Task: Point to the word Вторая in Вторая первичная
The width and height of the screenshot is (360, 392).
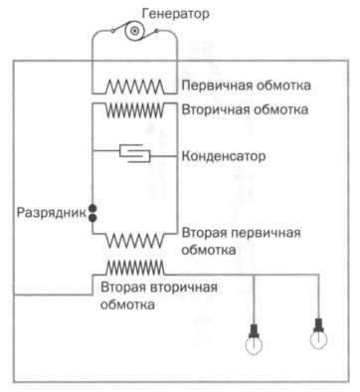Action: (205, 232)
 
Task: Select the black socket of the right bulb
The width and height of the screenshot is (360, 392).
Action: (318, 323)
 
